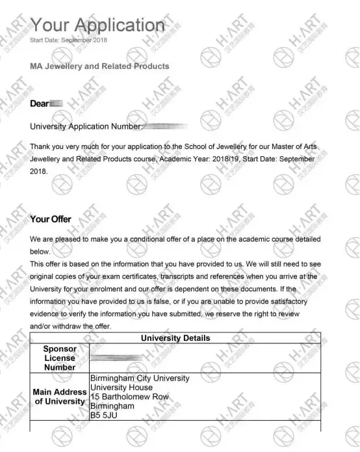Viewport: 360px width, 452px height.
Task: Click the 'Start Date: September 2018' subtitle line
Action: (x=69, y=40)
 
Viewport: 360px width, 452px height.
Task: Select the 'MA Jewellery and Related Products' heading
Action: (x=99, y=66)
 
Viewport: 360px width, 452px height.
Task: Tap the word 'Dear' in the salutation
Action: (x=40, y=103)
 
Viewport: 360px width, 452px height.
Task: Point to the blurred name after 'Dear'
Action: (x=57, y=103)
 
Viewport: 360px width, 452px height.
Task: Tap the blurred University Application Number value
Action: (x=166, y=126)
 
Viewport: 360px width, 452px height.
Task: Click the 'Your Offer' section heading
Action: (x=51, y=219)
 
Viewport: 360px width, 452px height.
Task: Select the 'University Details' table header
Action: (x=175, y=338)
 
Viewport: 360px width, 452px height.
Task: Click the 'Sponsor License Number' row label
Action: (x=59, y=358)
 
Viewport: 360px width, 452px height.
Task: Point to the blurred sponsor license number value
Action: (x=117, y=358)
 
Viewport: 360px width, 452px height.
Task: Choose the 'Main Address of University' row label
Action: (x=59, y=397)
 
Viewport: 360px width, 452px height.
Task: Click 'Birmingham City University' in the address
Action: (x=139, y=379)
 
